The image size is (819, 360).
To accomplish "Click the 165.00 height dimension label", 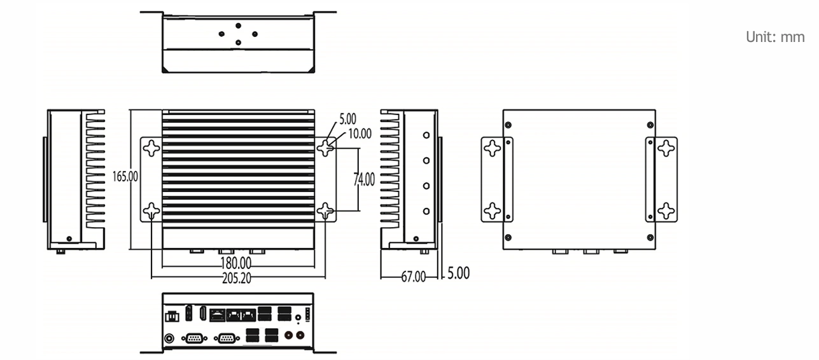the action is coord(125,177).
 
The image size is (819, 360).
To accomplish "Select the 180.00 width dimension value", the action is coord(236,263).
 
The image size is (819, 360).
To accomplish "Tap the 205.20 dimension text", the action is coord(237,279).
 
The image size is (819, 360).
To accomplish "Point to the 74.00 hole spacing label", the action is coord(364,179).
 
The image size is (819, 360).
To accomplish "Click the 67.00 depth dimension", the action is coord(414,277).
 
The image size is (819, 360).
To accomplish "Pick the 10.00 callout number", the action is coord(360,134).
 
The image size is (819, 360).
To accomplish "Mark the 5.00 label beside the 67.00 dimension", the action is coord(458,273).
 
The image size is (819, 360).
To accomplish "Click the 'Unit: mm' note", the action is coord(775,37).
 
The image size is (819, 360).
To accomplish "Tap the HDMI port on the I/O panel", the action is coord(202,314).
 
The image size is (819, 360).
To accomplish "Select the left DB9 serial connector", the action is coord(194,338).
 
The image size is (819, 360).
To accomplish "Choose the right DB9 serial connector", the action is coord(227,338).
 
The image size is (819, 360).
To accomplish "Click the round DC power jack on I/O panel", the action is coord(169,338).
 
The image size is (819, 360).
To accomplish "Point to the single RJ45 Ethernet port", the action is coord(217,315).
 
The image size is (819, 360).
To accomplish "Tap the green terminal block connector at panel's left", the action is coord(172,317).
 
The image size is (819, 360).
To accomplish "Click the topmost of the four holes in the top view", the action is coord(239,25).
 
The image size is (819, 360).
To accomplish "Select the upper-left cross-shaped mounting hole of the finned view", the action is coord(151,148).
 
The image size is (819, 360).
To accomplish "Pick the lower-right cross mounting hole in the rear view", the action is coord(666,211).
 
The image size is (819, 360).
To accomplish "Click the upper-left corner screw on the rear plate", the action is coord(508,125).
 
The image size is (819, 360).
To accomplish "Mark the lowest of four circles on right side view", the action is coord(426,211).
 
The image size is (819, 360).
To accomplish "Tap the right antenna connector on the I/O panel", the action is coord(300,335).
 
